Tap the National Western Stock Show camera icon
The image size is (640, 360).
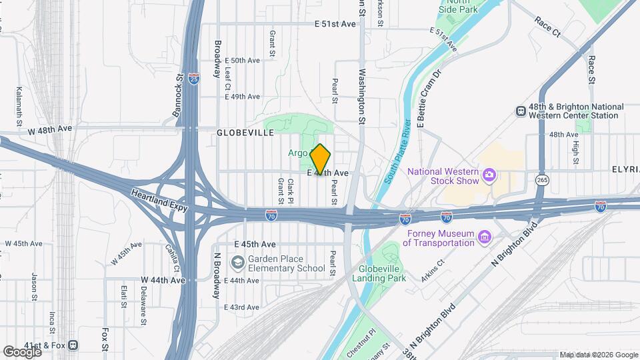pos(490,175)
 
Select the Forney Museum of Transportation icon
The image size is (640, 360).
pos(484,237)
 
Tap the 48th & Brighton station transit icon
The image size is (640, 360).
pos(521,111)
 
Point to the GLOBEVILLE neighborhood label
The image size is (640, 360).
pos(245,133)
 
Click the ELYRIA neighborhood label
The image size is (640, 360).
pos(625,170)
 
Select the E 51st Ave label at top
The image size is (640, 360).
pos(335,23)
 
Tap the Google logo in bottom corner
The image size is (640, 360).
pos(22,351)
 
